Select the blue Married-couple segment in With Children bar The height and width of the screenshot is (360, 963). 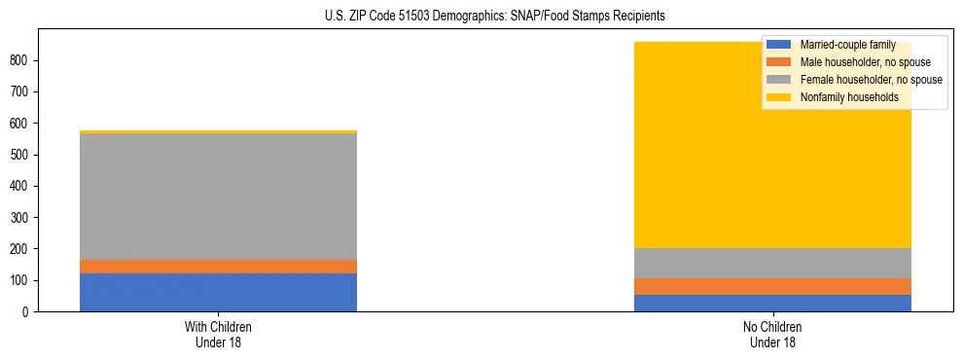pos(218,292)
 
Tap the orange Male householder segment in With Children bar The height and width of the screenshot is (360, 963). pos(218,266)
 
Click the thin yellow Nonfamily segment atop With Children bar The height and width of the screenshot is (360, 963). pos(218,131)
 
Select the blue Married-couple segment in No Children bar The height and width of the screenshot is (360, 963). pos(772,303)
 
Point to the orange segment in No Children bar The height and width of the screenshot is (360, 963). pos(772,286)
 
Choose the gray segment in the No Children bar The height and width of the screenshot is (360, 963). pos(772,263)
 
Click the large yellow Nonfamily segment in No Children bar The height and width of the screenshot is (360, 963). pos(681,146)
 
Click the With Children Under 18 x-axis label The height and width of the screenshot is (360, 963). pos(218,334)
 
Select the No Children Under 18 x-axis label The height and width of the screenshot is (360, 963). pos(772,334)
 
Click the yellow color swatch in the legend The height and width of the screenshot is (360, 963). pos(779,97)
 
